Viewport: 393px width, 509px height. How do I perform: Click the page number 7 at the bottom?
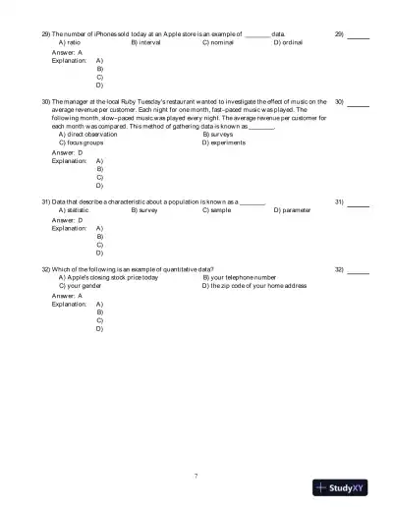click(196, 475)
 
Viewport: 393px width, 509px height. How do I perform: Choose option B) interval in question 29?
click(146, 43)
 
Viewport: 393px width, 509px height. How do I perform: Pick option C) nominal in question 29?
click(219, 43)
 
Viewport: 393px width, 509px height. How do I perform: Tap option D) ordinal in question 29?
click(289, 43)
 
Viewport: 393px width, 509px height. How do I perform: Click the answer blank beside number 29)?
click(359, 35)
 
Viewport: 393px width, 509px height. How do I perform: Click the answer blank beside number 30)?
click(359, 102)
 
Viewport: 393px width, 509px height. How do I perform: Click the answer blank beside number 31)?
click(359, 203)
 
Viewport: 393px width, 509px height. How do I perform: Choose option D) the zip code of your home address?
click(254, 286)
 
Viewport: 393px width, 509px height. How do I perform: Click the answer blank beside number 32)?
click(359, 270)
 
